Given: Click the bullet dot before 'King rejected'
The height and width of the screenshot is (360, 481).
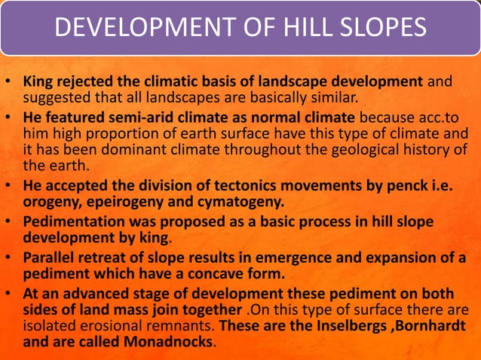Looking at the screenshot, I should (9, 81).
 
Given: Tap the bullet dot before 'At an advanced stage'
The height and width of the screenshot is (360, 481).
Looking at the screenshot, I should (9, 294).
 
